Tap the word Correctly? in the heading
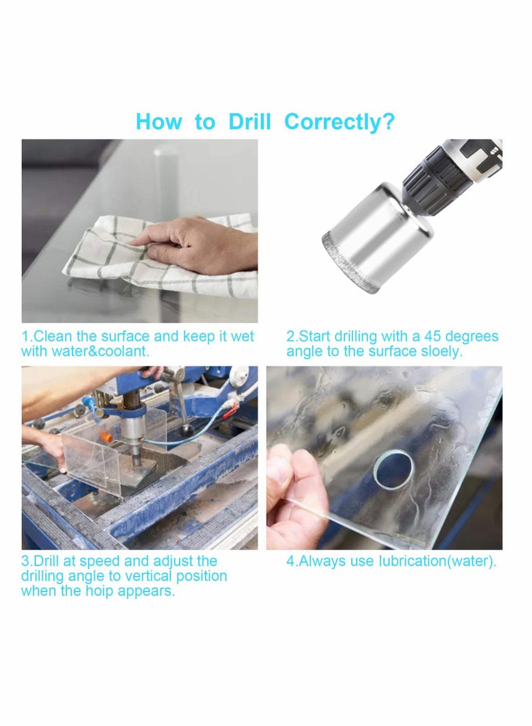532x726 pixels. (339, 122)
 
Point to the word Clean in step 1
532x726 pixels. (53, 336)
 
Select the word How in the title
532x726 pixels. (158, 122)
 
